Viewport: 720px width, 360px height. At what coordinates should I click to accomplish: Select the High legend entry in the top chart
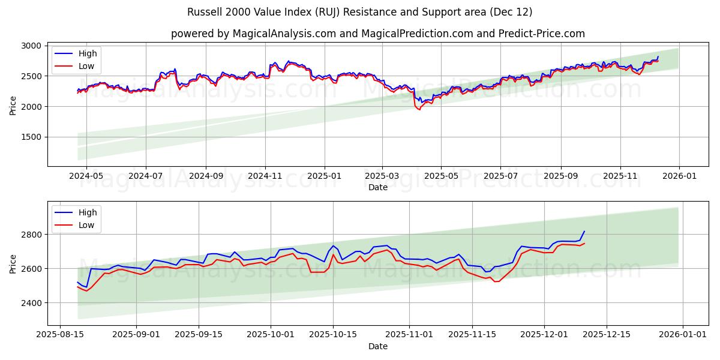(88, 53)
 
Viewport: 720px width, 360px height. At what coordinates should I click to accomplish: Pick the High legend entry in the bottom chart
(88, 213)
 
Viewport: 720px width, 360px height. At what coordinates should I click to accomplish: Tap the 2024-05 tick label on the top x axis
(86, 176)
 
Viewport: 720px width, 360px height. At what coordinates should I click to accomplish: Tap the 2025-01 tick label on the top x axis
(325, 176)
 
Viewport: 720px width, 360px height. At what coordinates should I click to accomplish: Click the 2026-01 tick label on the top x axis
(679, 176)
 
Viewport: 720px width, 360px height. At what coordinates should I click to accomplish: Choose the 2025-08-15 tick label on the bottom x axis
(60, 334)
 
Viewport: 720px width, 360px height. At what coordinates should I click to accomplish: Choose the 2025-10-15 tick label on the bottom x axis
(332, 334)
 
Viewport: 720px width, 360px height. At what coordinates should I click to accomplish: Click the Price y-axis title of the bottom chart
(13, 263)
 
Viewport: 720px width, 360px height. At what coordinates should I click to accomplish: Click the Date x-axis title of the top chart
(378, 187)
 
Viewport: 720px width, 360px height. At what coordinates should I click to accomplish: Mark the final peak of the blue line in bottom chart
(584, 232)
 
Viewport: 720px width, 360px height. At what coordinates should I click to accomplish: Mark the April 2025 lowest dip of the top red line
(419, 110)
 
